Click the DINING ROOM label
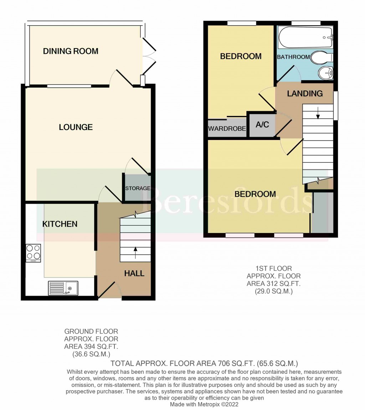71,51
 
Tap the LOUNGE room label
76,127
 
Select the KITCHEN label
60,224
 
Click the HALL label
134,274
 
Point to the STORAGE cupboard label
138,188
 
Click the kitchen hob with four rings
34,253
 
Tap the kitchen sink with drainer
63,289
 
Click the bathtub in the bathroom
305,37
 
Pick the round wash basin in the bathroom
326,72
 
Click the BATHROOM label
293,57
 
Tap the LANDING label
305,94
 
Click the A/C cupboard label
262,124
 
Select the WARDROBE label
227,129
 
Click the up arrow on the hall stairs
135,253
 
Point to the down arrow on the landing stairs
318,113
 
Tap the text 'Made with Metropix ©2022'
204,405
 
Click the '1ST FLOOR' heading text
273,269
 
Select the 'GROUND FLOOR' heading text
91,332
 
